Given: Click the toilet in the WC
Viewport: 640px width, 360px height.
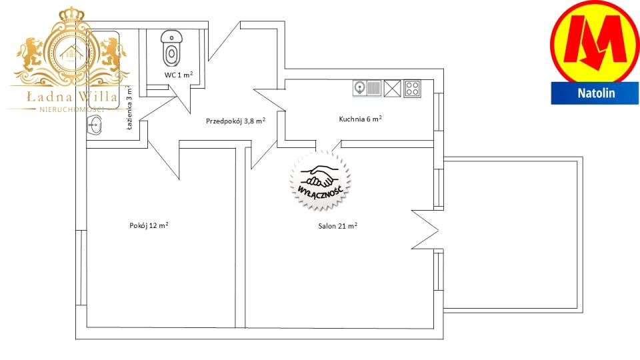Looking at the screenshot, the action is pyautogui.click(x=171, y=48).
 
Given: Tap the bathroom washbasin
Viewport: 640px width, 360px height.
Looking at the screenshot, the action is pyautogui.click(x=95, y=125).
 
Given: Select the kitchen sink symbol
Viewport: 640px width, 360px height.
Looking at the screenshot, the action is pyautogui.click(x=367, y=88).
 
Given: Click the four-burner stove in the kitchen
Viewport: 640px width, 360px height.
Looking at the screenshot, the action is pyautogui.click(x=412, y=89).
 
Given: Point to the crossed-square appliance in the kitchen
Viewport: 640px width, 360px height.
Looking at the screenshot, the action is pyautogui.click(x=392, y=89).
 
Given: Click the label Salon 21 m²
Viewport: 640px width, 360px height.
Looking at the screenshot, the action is pyautogui.click(x=338, y=226).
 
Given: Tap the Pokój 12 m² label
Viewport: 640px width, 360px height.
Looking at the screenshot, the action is pyautogui.click(x=149, y=225).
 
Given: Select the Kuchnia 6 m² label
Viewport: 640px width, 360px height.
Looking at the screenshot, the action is pyautogui.click(x=361, y=119).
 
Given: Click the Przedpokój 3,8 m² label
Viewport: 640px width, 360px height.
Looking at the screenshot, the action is pyautogui.click(x=235, y=121).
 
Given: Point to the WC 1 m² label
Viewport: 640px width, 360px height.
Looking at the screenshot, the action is pyautogui.click(x=179, y=75).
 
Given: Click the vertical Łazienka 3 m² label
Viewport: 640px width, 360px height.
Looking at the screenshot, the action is pyautogui.click(x=129, y=107).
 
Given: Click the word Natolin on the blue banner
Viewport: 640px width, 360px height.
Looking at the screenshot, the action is pyautogui.click(x=596, y=93).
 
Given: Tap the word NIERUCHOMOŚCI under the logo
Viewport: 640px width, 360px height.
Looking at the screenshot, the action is pyautogui.click(x=71, y=109).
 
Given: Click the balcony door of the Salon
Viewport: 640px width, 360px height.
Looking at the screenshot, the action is pyautogui.click(x=425, y=229).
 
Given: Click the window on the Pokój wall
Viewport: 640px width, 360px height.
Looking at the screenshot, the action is pyautogui.click(x=81, y=267).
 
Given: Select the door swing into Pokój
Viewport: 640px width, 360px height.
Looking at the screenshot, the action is pyautogui.click(x=163, y=159).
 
